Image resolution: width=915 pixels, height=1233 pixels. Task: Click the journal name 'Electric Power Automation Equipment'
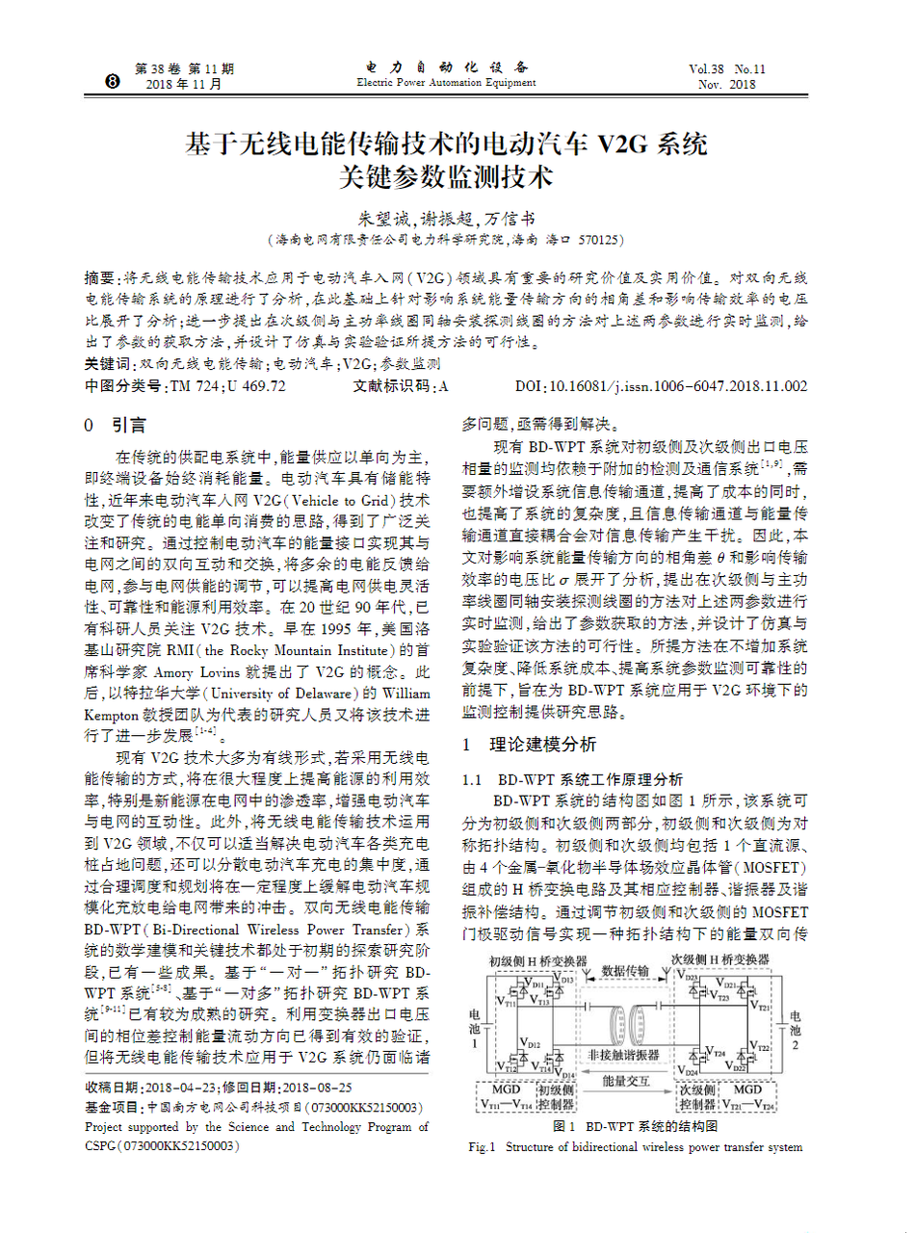pyautogui.click(x=446, y=83)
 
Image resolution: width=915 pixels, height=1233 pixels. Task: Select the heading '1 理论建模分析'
pyautogui.click(x=529, y=745)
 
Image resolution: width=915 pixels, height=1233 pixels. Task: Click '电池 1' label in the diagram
pyautogui.click(x=473, y=1029)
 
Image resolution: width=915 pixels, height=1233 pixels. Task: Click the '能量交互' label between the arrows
pyautogui.click(x=626, y=1081)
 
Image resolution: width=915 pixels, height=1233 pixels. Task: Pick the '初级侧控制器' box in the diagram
pyautogui.click(x=556, y=1096)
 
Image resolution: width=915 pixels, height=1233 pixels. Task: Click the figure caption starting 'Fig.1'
pyautogui.click(x=635, y=1147)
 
